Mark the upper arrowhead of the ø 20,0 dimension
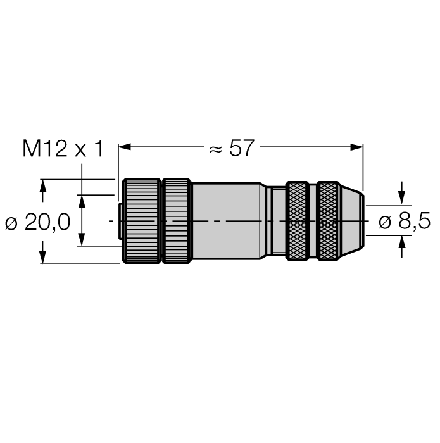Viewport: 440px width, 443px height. [42, 185]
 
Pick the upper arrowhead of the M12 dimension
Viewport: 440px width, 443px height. [81, 201]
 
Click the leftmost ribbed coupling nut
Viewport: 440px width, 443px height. [141, 221]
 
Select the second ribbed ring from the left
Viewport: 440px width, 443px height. [177, 221]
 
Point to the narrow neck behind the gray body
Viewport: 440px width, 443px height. [275, 221]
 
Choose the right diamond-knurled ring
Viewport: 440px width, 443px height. [328, 221]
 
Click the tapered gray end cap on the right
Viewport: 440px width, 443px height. [352, 221]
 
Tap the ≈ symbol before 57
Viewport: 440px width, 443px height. [215, 149]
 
